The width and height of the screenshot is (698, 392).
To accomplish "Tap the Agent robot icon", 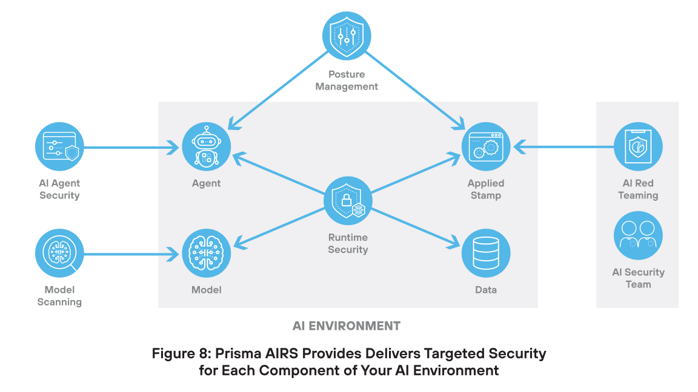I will (x=207, y=146).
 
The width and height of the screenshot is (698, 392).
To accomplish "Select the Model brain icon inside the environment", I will (x=207, y=253).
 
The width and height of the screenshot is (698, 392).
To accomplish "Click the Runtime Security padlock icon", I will (x=348, y=201).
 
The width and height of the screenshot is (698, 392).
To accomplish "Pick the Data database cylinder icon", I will (x=486, y=253).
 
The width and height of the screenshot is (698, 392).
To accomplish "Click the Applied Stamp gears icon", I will (x=486, y=146).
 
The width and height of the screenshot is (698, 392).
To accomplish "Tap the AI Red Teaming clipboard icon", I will (x=638, y=146).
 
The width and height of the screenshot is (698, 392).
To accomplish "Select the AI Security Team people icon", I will (x=638, y=235).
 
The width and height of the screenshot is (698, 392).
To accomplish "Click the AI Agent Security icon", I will (x=59, y=146).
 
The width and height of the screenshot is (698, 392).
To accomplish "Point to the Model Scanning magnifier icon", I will (x=59, y=253).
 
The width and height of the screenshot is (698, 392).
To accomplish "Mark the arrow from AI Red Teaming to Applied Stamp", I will (x=563, y=146).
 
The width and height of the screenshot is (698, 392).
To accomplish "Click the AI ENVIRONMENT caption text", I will (x=346, y=326).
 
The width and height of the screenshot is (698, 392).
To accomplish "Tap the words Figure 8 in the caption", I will (x=176, y=353).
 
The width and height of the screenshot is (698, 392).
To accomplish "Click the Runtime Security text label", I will (x=348, y=243).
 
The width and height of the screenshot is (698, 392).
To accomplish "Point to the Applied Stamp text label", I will (x=486, y=189).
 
